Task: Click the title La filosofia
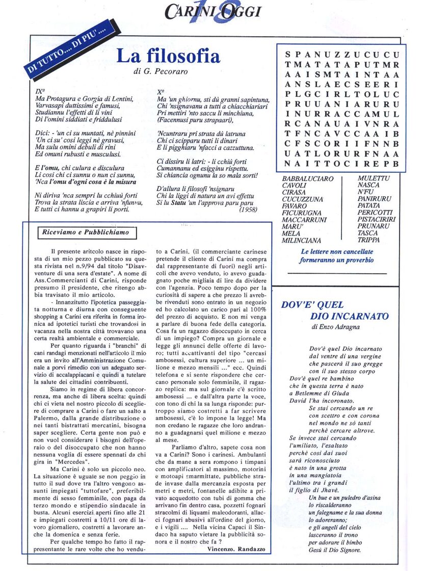pyautogui.click(x=168, y=56)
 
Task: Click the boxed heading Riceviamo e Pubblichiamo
pyautogui.click(x=90, y=233)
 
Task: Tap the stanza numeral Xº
pyautogui.click(x=162, y=92)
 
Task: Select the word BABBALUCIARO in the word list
pyautogui.click(x=308, y=179)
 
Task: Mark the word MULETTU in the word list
pyautogui.click(x=374, y=179)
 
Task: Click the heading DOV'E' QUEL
pyautogui.click(x=312, y=305)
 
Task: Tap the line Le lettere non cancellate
pyautogui.click(x=337, y=251)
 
